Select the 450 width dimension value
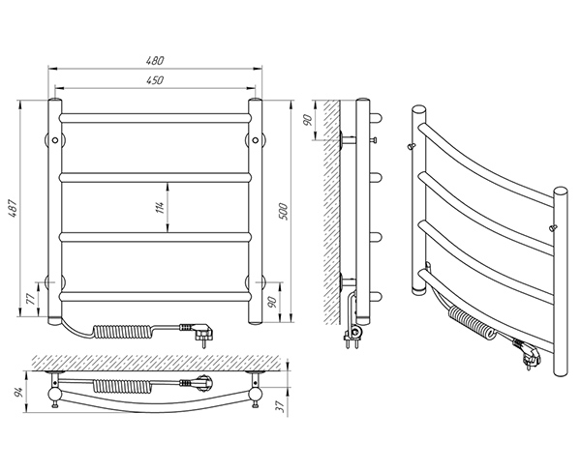click(x=154, y=79)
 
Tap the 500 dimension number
click(x=283, y=211)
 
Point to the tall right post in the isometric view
click(x=561, y=290)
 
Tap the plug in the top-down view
click(x=201, y=382)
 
